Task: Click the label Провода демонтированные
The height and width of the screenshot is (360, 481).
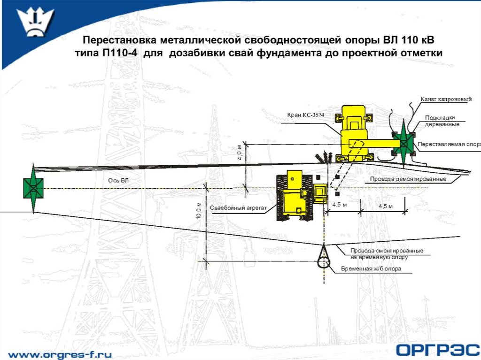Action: tap(407, 179)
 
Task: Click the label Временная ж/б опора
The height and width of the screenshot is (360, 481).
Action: tap(374, 269)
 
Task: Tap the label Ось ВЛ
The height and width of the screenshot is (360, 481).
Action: tap(117, 180)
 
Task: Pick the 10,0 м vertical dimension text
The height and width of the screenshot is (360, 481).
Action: tap(200, 210)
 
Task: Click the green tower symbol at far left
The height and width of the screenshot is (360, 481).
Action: tap(33, 188)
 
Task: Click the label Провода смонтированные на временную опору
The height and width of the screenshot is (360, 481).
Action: tap(386, 254)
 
